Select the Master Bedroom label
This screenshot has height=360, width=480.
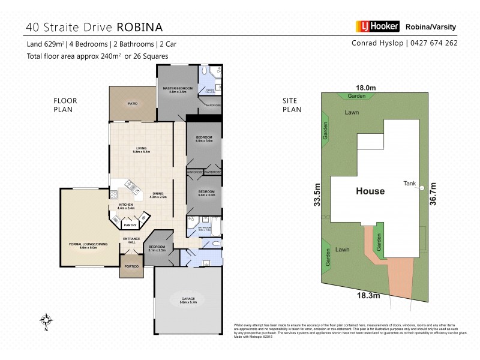coord(178,88)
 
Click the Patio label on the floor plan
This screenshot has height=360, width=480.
coord(133,104)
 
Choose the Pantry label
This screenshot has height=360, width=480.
coord(130,225)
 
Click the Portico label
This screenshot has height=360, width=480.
coord(131,266)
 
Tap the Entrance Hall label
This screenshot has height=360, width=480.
coord(131,241)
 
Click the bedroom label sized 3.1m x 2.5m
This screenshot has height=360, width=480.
coord(157,248)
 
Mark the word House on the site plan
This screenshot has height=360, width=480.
coord(370,191)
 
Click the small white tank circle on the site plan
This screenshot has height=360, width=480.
coord(422,188)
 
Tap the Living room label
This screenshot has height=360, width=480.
coord(142,149)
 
